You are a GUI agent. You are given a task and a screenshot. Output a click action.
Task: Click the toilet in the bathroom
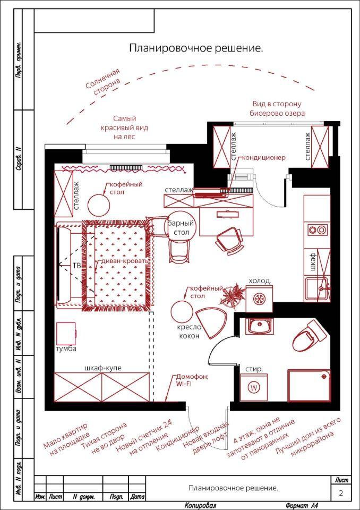point(309,337)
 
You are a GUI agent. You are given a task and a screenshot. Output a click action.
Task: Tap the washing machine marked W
point(254,387)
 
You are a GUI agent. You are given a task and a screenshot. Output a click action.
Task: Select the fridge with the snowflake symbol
point(259,299)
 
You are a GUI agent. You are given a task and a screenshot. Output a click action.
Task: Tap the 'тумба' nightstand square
point(66,334)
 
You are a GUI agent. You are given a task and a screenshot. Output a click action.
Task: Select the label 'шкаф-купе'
point(102,368)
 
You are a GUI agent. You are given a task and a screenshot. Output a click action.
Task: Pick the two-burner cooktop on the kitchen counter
point(318,230)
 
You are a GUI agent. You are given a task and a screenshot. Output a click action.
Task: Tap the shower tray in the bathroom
point(308,386)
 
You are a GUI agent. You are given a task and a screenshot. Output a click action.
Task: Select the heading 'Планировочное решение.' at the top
point(196,48)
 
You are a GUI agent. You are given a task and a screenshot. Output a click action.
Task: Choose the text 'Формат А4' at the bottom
point(302,505)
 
